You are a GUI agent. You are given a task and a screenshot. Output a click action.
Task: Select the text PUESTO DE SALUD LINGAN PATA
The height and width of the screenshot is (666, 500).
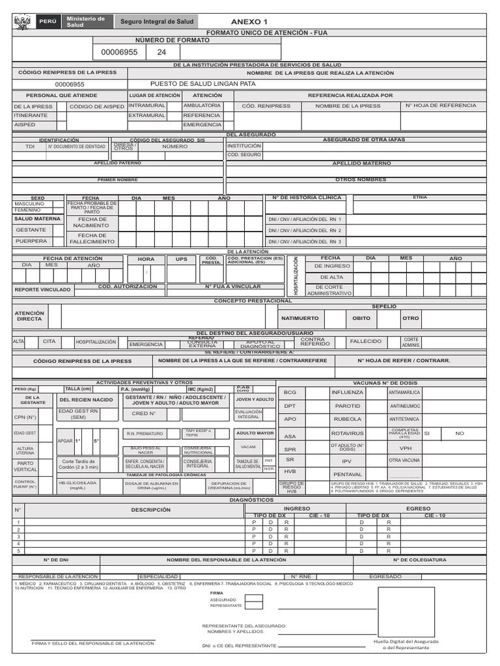click(202, 84)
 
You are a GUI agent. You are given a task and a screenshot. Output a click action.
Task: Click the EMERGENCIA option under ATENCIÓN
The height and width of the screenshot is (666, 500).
click(202, 124)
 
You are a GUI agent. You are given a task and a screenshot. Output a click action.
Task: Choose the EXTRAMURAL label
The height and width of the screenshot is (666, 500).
click(147, 115)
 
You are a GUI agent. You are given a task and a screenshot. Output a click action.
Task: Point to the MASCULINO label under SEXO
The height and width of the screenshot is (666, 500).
click(29, 204)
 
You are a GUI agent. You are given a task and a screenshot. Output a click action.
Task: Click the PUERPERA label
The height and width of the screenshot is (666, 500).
click(31, 241)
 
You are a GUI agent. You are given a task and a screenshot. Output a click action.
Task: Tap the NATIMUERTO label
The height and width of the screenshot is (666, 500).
click(299, 319)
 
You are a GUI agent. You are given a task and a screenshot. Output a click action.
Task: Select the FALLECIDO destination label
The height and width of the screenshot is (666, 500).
click(366, 341)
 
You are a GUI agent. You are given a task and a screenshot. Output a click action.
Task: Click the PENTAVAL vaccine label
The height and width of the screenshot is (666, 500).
click(347, 474)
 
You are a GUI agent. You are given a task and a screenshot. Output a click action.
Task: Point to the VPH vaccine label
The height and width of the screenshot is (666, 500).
click(405, 448)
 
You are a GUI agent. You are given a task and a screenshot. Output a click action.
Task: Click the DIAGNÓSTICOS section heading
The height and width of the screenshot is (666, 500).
click(251, 500)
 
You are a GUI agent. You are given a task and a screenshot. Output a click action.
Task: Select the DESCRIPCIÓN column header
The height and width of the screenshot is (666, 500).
click(150, 510)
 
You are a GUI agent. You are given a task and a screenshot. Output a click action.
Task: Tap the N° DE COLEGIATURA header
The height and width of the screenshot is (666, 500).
click(419, 559)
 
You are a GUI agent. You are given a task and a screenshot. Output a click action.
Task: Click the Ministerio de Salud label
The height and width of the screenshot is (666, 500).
click(85, 21)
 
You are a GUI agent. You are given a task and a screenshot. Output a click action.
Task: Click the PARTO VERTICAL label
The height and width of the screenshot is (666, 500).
click(25, 466)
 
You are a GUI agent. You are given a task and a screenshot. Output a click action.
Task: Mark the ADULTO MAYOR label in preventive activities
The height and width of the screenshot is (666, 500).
click(255, 433)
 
